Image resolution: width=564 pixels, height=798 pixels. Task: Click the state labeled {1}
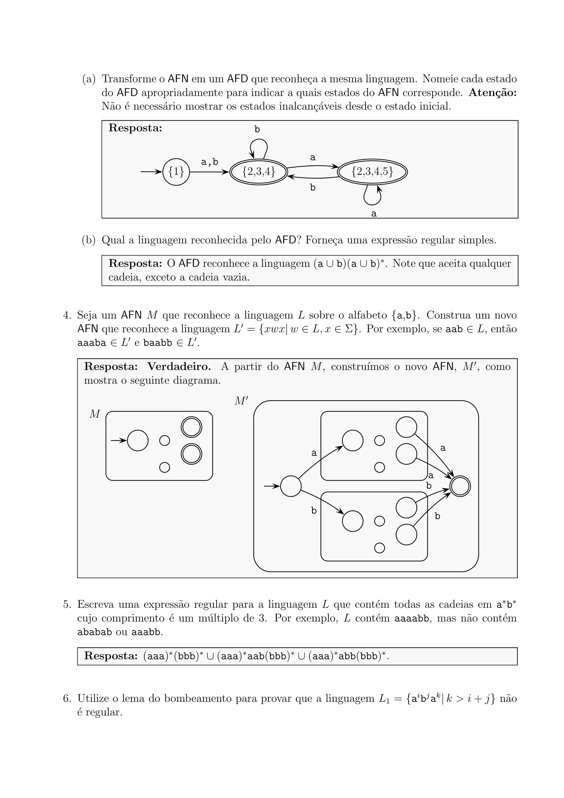(176, 172)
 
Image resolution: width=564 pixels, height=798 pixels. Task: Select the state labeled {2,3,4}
(259, 172)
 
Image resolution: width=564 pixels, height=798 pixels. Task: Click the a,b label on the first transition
(210, 162)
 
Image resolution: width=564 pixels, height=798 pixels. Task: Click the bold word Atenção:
(492, 93)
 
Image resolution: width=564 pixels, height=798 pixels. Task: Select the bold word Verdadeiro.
(179, 367)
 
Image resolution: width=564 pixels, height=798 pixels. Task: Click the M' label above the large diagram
(241, 401)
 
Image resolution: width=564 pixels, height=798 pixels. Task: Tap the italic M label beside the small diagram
(94, 414)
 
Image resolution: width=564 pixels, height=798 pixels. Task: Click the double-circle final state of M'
(460, 486)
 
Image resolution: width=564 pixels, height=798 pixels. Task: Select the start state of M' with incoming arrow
(291, 486)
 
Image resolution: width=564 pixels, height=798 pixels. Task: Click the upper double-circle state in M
(191, 427)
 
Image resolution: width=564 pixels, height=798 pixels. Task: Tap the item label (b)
(89, 240)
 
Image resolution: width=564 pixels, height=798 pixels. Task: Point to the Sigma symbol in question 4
(349, 329)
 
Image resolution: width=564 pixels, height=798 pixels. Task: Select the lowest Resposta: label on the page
(111, 656)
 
